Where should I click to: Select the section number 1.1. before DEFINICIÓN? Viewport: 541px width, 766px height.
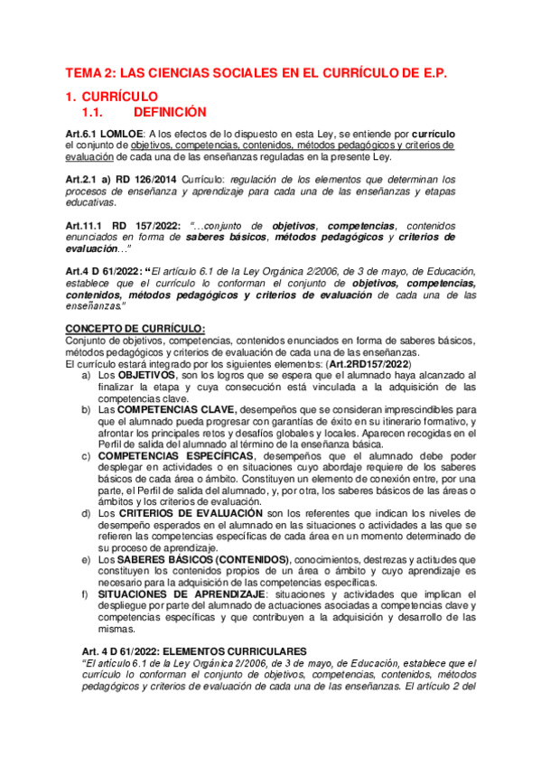(95, 112)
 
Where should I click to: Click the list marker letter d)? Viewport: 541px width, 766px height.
(85, 512)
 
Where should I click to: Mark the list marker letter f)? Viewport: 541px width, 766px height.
(85, 594)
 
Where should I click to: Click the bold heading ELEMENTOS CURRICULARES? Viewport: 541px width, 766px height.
(233, 651)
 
